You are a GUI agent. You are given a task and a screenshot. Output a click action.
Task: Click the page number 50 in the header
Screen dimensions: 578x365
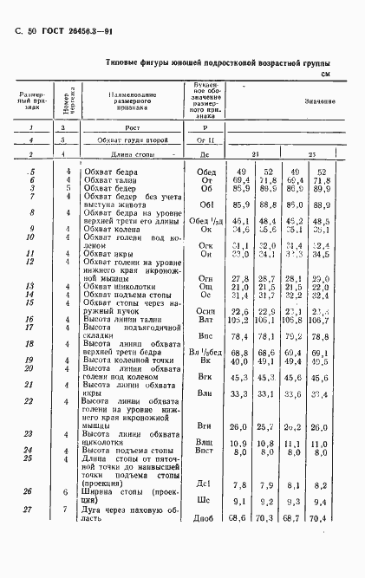pyautogui.click(x=32, y=31)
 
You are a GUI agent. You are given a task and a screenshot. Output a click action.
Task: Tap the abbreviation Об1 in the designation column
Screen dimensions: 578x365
pyautogui.click(x=205, y=205)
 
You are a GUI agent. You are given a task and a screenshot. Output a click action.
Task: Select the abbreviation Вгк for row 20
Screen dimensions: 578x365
pyautogui.click(x=205, y=377)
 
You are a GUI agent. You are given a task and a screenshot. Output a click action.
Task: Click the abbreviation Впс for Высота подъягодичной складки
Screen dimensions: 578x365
pyautogui.click(x=205, y=335)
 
